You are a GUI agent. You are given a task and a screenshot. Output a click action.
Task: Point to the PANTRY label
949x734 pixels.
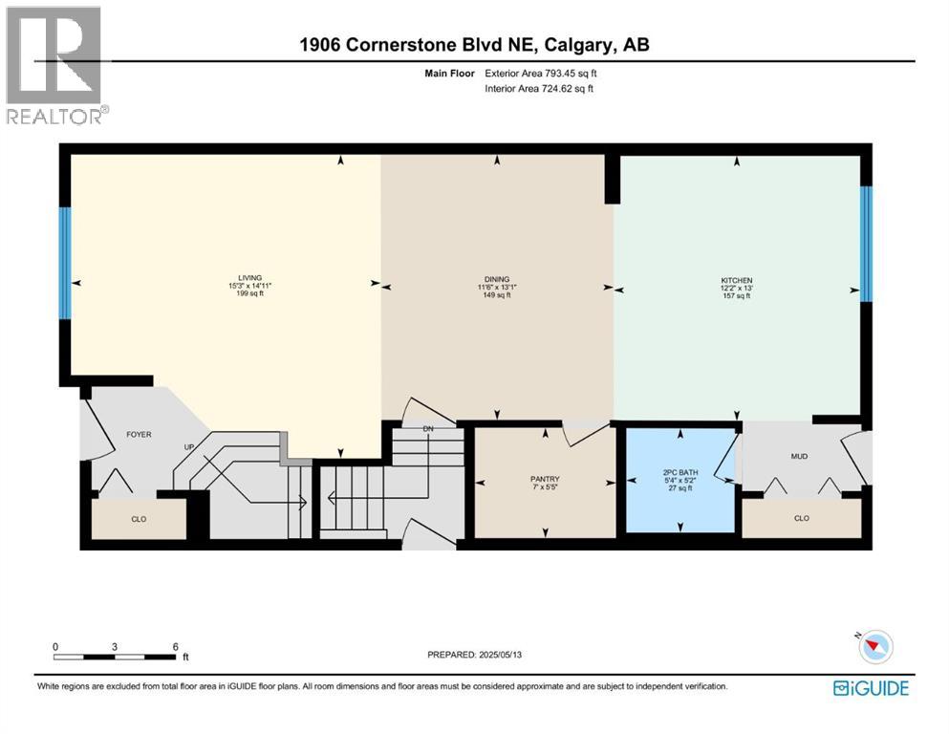(545, 479)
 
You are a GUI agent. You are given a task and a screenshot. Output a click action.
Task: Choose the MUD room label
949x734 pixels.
(799, 456)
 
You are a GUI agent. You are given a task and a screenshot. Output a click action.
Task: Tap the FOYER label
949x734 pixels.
(140, 435)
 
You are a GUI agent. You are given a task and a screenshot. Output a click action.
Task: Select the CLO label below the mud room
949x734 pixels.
(801, 518)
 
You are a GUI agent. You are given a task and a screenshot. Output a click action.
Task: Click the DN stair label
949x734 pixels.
(428, 428)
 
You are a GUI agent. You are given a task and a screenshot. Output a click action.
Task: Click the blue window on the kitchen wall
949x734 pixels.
(865, 244)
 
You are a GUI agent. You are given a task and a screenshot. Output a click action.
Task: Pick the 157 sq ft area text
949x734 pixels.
(737, 296)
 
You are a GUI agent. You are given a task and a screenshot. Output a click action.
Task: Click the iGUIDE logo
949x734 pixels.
(871, 687)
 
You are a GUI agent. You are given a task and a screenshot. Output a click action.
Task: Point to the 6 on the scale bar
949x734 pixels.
(175, 646)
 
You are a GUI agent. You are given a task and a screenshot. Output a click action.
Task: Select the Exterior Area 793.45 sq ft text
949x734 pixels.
(542, 73)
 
